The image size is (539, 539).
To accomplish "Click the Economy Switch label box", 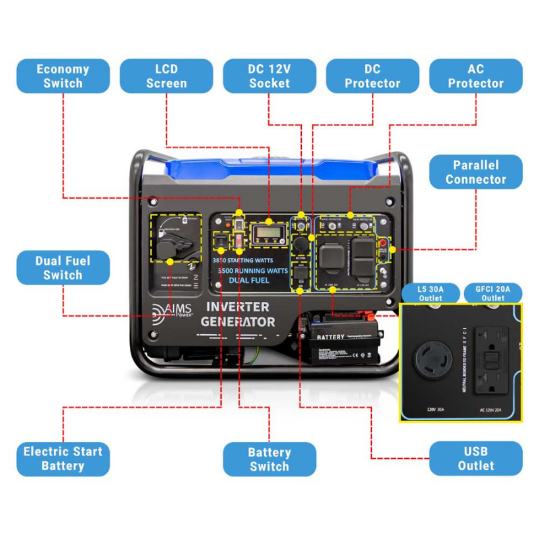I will tap(63, 76).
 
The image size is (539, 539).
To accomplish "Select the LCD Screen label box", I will tap(166, 76).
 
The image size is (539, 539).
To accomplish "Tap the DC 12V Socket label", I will tap(269, 76).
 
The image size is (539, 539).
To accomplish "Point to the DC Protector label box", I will tap(373, 76).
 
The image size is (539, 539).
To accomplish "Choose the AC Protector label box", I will tap(476, 76).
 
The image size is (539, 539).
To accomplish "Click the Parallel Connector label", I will tap(476, 172).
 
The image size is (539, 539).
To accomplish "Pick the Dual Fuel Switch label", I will tap(63, 267).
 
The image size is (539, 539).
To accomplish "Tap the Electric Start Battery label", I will tap(63, 459).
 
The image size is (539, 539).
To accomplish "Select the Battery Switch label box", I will tap(269, 459).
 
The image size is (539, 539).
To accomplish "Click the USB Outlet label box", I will tap(476, 459).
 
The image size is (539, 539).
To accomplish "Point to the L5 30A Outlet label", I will tap(431, 293).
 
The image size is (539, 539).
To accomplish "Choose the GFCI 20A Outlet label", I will tap(493, 293).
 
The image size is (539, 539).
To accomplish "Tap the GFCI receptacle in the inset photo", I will tap(492, 360).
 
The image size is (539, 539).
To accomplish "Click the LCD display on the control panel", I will tap(268, 235).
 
